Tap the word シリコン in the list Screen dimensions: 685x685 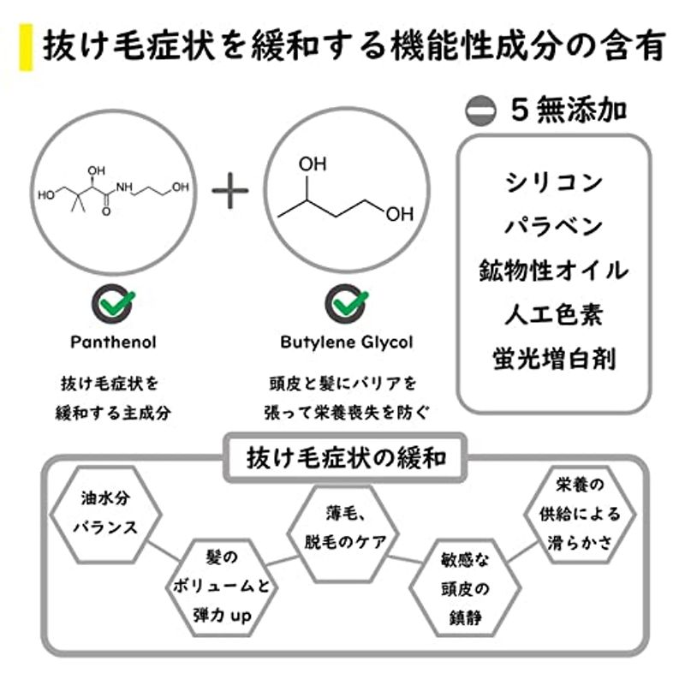pyautogui.click(x=553, y=182)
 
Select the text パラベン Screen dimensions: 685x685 pyautogui.click(x=553, y=226)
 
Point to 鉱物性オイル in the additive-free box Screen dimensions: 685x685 pyautogui.click(x=553, y=271)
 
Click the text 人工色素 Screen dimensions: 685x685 pyautogui.click(x=553, y=314)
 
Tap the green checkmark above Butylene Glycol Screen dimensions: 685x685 pyautogui.click(x=346, y=303)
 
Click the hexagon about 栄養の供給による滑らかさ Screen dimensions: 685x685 pyautogui.click(x=582, y=514)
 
